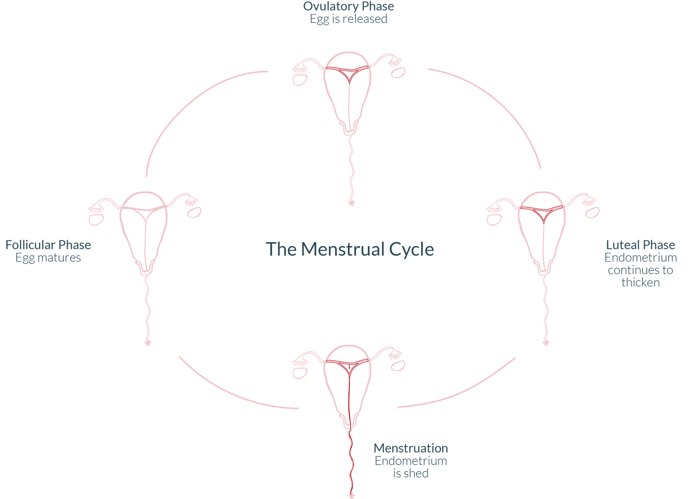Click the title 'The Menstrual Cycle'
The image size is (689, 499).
(x=350, y=249)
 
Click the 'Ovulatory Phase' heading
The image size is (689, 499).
(x=348, y=6)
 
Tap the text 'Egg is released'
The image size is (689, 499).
(x=348, y=19)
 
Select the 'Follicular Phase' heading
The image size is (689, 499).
(x=48, y=245)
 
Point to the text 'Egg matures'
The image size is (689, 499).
(x=48, y=258)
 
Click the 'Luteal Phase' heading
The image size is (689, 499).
(x=640, y=245)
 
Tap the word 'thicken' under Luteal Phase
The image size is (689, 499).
(x=640, y=282)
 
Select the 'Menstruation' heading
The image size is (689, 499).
(x=410, y=448)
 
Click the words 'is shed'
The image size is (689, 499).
(x=410, y=473)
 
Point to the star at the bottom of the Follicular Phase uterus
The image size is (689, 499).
(x=148, y=343)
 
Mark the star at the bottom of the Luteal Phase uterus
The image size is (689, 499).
(x=546, y=343)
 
